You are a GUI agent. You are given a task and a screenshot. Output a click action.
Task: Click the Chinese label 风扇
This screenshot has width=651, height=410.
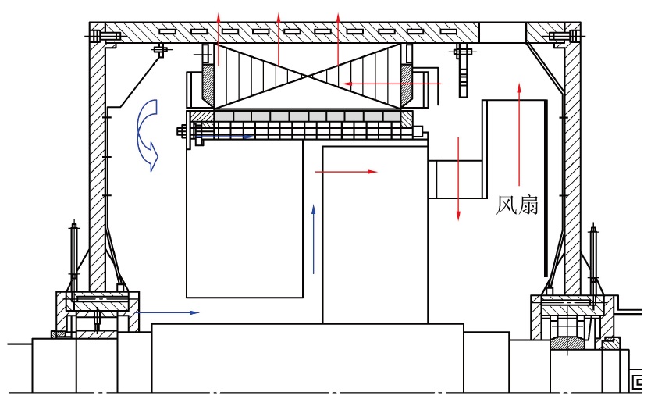(x=518, y=205)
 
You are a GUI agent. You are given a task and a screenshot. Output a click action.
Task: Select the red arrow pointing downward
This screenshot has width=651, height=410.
(x=458, y=179)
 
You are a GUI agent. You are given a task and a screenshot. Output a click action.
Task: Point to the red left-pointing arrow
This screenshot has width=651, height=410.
(x=392, y=84)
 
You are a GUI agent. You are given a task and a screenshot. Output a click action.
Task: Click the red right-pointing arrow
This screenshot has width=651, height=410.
(x=347, y=172)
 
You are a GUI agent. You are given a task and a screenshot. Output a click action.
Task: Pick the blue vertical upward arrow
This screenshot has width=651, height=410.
(x=314, y=239)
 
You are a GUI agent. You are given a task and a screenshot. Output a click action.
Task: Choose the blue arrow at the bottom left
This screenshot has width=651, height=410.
(x=168, y=312)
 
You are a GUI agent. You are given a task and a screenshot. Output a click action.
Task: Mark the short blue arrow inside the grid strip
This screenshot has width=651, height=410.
(x=223, y=136)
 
